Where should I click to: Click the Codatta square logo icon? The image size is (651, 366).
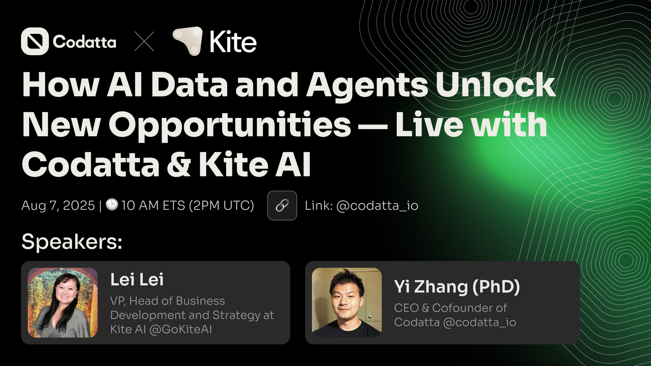(35, 41)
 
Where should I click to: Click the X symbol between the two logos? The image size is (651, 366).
(144, 41)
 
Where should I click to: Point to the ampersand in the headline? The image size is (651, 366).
(179, 164)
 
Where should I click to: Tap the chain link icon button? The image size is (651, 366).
(282, 205)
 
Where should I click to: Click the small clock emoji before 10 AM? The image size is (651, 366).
(112, 204)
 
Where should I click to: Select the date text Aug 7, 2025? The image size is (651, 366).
(58, 206)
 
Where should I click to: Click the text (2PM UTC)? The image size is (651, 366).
(221, 206)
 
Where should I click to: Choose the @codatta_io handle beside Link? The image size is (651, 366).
(377, 206)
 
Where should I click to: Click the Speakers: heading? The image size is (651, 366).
(72, 242)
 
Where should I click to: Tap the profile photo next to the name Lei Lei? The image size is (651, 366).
(63, 303)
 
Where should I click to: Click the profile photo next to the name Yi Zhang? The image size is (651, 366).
(347, 303)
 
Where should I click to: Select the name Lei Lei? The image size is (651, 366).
(137, 280)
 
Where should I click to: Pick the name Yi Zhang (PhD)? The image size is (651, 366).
(457, 287)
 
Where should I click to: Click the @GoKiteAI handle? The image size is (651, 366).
(181, 329)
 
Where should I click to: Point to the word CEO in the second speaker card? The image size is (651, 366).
(407, 308)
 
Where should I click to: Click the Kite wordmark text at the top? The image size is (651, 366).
(233, 42)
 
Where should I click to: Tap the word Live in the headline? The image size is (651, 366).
(429, 125)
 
